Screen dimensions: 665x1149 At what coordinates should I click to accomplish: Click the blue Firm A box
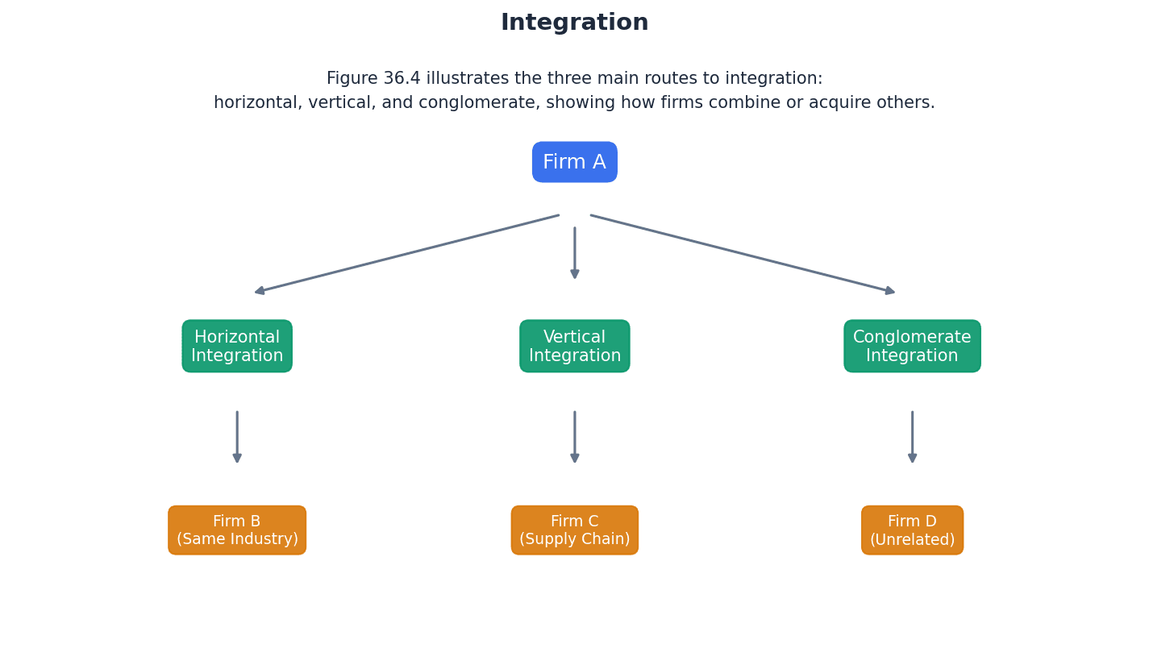574,162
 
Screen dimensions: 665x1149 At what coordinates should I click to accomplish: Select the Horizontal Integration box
237,346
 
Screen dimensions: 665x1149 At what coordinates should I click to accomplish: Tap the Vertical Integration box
574,346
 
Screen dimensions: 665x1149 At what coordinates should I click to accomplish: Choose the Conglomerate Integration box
912,346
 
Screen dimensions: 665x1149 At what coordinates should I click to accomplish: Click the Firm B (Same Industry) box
237,530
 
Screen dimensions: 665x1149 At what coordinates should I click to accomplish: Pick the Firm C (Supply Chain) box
574,530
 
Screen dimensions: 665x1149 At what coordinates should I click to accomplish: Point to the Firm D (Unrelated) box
912,530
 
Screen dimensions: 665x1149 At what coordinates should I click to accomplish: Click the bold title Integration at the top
574,23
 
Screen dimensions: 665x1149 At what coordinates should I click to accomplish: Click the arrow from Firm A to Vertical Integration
575,253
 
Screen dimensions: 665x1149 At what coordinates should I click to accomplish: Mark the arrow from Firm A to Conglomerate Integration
743,253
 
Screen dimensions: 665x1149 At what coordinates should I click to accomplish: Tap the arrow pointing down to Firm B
237,437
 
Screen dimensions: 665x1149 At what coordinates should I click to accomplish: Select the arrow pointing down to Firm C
575,437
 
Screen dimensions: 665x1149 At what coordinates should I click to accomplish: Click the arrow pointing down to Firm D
912,437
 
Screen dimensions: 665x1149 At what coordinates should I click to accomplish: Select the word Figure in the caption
352,79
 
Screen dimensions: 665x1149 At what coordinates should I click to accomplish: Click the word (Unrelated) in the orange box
912,540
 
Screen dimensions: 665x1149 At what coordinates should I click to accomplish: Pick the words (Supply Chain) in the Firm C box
574,540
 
